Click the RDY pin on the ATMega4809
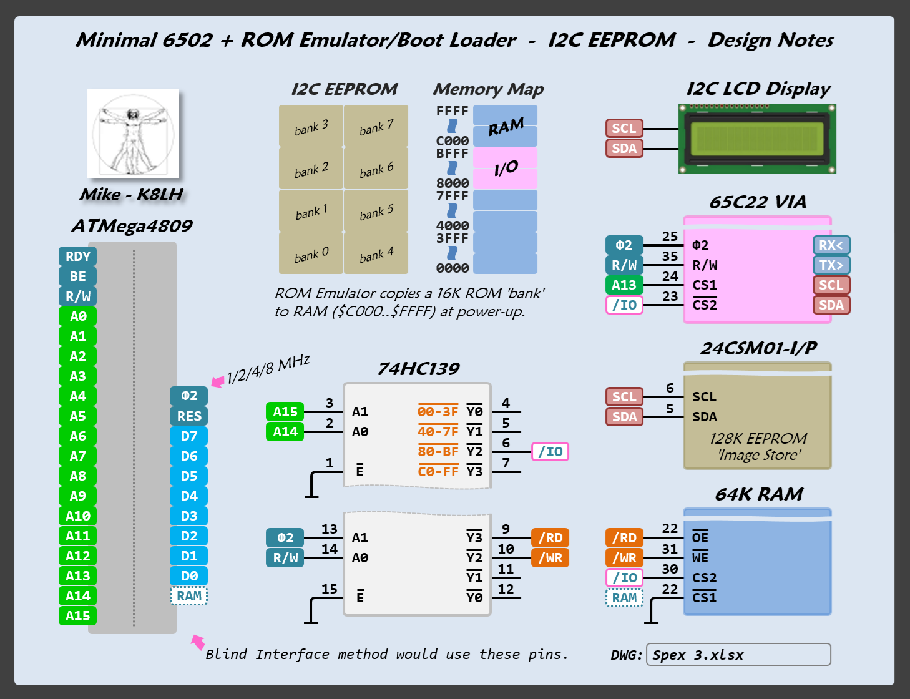click(77, 257)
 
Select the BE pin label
click(77, 276)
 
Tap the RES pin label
click(188, 416)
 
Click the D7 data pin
click(188, 436)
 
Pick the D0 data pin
click(188, 576)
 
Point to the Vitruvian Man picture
click(133, 134)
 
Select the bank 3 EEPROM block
click(311, 127)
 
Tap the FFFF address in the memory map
click(452, 111)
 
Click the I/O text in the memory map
click(506, 168)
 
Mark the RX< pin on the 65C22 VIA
click(831, 245)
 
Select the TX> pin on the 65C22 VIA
click(831, 265)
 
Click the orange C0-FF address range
click(438, 472)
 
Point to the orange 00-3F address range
click(438, 412)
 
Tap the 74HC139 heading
click(418, 369)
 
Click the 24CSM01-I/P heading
click(758, 348)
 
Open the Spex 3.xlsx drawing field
click(738, 655)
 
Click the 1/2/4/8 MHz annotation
click(268, 369)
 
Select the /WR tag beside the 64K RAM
click(624, 558)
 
